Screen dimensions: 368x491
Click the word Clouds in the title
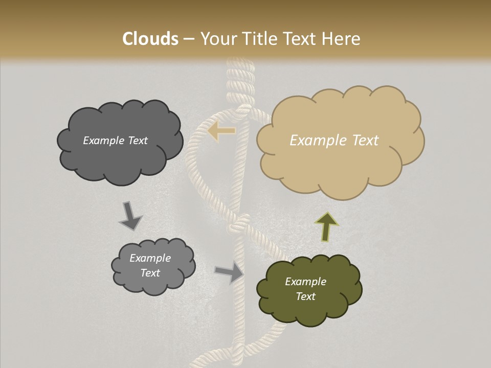click(150, 39)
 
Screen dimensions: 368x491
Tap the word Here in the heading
click(341, 39)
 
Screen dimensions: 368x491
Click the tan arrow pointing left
click(222, 131)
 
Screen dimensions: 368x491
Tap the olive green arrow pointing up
click(326, 225)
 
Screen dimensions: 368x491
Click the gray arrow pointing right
click(230, 271)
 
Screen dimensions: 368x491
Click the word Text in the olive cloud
click(305, 296)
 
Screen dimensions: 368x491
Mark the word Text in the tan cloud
click(365, 141)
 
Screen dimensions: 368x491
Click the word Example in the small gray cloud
click(150, 258)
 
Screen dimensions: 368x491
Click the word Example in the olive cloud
click(305, 282)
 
